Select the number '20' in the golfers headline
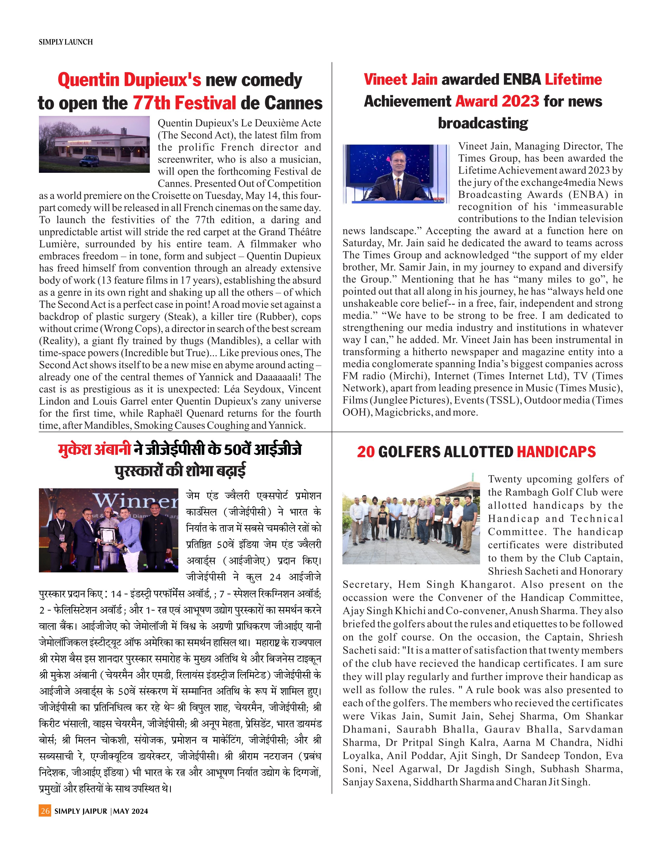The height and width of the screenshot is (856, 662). coord(366,452)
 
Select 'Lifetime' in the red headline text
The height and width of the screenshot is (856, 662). coord(573,80)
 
